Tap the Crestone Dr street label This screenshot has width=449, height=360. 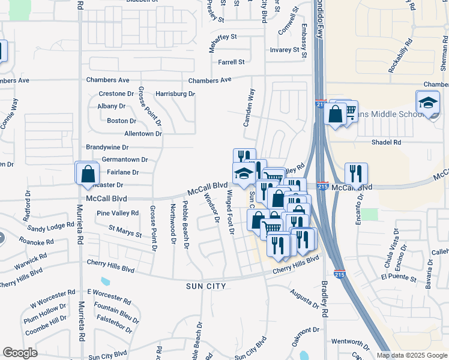[116, 94]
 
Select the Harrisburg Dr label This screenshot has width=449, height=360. [175, 94]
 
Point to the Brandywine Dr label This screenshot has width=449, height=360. [107, 147]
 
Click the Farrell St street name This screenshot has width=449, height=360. [231, 62]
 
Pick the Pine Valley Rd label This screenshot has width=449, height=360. [118, 213]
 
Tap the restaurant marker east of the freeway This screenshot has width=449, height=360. [356, 174]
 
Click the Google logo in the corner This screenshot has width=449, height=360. [20, 353]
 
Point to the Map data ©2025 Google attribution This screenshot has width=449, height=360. [412, 355]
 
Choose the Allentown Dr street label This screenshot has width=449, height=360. [143, 134]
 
